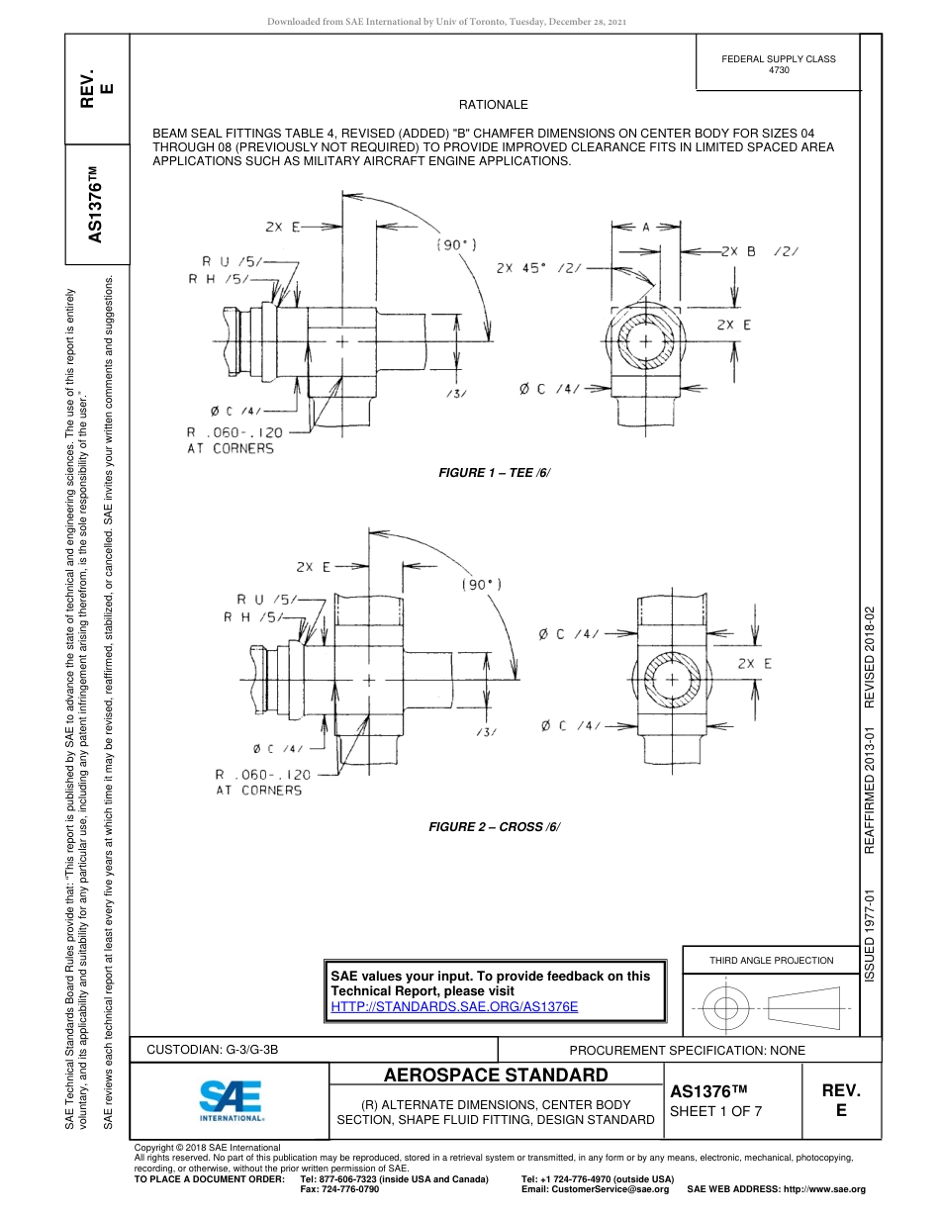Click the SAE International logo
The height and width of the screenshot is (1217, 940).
pos(231,1098)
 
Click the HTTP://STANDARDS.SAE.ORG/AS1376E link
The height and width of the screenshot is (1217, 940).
pos(454,1006)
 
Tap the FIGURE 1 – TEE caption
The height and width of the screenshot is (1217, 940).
pos(494,473)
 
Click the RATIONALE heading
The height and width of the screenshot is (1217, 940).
pos(493,105)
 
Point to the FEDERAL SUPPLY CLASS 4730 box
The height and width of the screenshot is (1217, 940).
pos(778,64)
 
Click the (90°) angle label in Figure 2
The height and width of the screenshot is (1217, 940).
pos(482,585)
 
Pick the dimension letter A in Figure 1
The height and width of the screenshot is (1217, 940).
pos(645,228)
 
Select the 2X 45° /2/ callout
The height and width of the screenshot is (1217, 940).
pos(538,267)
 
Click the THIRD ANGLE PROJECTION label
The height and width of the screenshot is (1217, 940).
pos(771,960)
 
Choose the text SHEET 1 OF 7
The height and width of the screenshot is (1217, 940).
pos(715,1110)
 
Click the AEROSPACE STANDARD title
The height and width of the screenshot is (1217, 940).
pos(496,1076)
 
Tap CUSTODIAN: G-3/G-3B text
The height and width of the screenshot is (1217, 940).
pos(219,1050)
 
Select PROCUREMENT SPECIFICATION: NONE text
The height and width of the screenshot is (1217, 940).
pos(687,1050)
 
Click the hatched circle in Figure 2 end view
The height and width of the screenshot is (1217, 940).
pos(672,682)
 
